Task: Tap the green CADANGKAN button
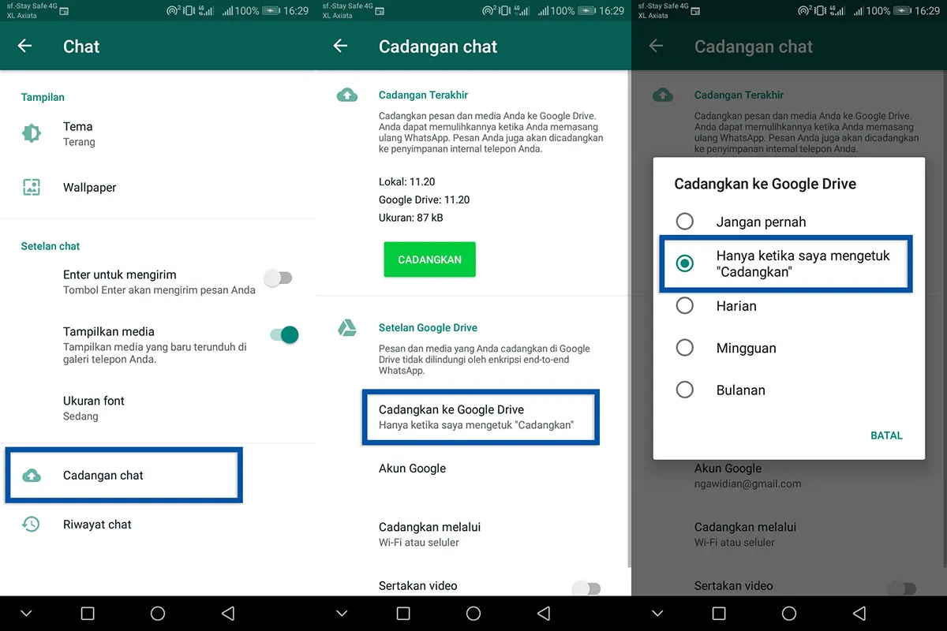coord(429,259)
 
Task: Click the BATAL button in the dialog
coord(885,435)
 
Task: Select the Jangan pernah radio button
coord(685,222)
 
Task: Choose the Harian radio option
coord(685,306)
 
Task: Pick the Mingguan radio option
coord(685,348)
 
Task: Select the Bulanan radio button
coord(685,390)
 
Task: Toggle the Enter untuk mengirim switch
coord(278,278)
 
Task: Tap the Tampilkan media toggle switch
coord(284,335)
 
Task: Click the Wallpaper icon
coord(32,188)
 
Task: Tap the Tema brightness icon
coord(32,133)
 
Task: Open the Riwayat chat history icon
coord(32,525)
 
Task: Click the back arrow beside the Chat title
coord(25,46)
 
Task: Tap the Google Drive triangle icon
coord(346,328)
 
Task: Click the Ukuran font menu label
coord(94,401)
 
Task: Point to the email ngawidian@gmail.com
coord(747,484)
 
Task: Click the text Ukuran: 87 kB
coord(410,217)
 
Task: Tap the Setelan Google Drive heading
coord(428,327)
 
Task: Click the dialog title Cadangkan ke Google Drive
coord(765,184)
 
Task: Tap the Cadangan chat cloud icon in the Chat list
coord(32,476)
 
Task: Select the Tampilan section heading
coord(43,97)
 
